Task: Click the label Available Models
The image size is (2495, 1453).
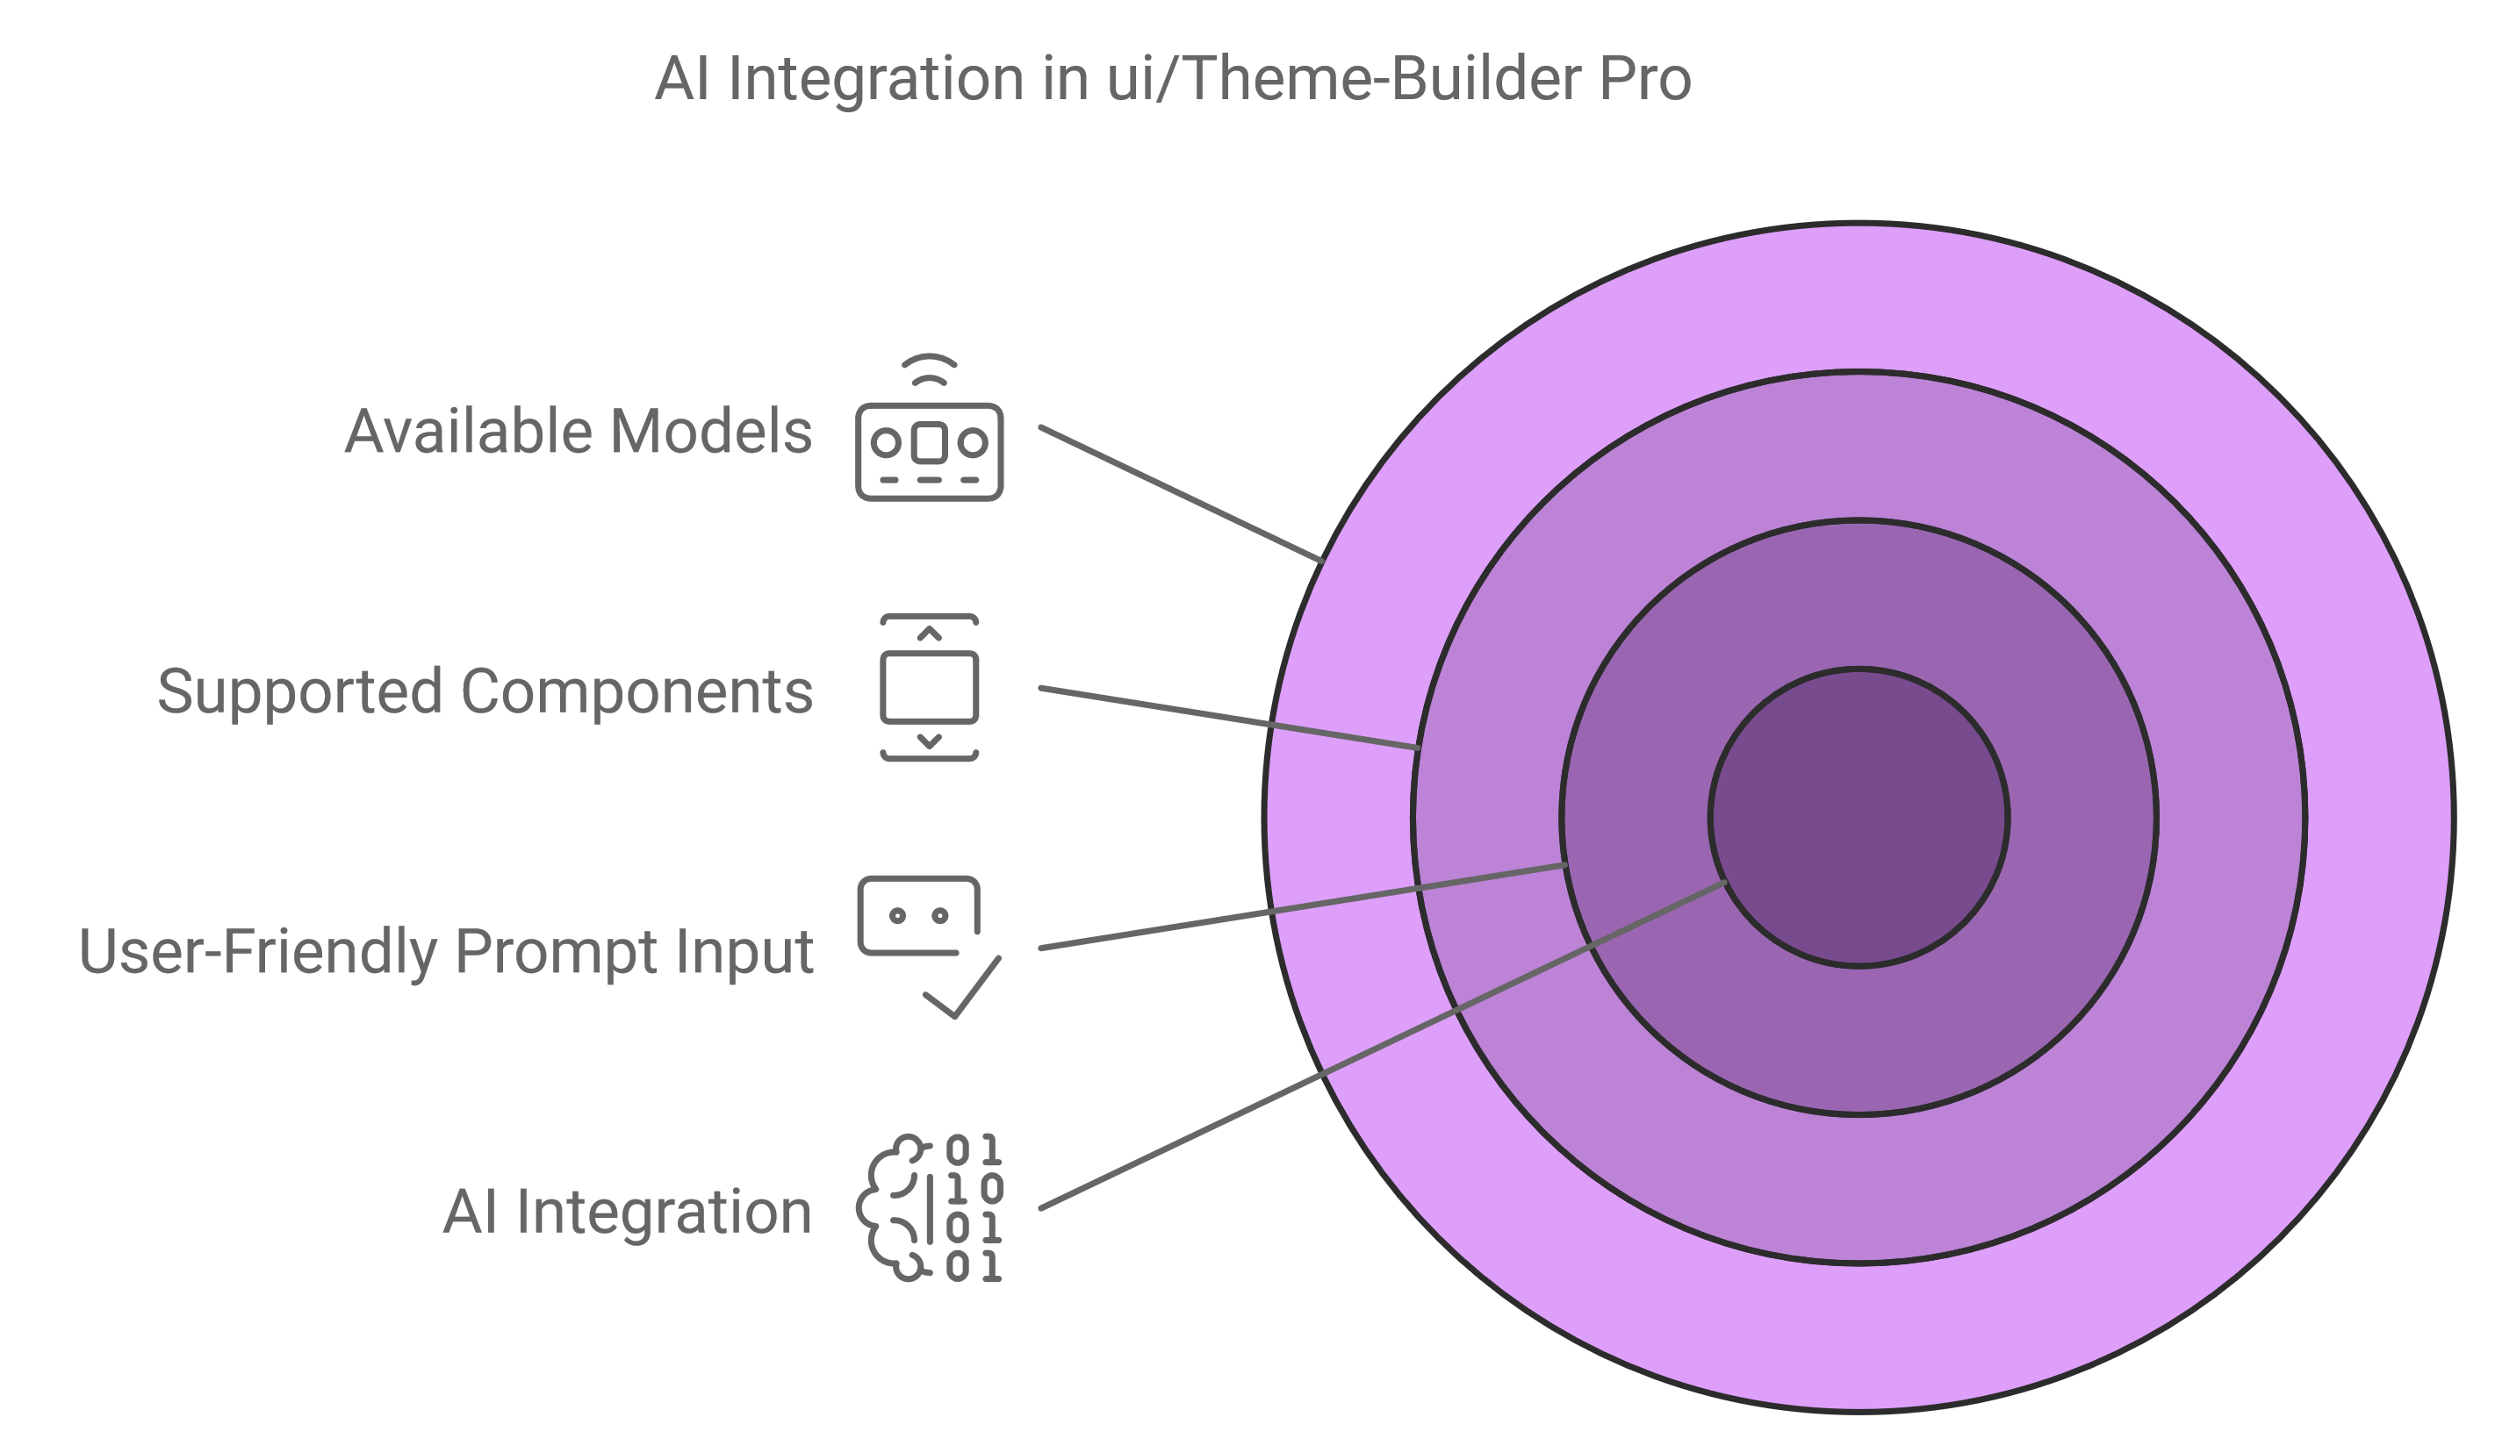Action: pyautogui.click(x=579, y=432)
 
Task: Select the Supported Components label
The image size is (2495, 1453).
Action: pyautogui.click(x=485, y=692)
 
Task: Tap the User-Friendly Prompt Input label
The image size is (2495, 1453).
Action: pyautogui.click(x=446, y=952)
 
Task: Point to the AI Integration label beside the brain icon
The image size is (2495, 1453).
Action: pyautogui.click(x=627, y=1213)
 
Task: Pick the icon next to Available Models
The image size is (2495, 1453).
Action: pyautogui.click(x=929, y=426)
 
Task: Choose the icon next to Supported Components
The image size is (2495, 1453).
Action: pyautogui.click(x=929, y=688)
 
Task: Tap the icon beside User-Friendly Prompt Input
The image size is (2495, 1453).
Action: pyautogui.click(x=929, y=948)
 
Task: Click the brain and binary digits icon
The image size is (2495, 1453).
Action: pyautogui.click(x=929, y=1208)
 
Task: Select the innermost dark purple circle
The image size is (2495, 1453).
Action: pyautogui.click(x=1859, y=818)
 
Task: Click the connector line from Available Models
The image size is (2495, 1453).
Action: pyautogui.click(x=1181, y=494)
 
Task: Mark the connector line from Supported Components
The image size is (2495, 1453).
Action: pyautogui.click(x=1230, y=718)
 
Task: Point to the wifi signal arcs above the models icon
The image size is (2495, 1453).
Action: pyautogui.click(x=929, y=369)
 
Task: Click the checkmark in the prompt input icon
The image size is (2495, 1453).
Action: pyautogui.click(x=962, y=987)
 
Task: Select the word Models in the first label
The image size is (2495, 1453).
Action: pyautogui.click(x=711, y=432)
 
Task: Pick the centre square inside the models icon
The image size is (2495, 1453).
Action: pyautogui.click(x=929, y=442)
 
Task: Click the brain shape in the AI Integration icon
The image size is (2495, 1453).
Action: pyautogui.click(x=894, y=1208)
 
